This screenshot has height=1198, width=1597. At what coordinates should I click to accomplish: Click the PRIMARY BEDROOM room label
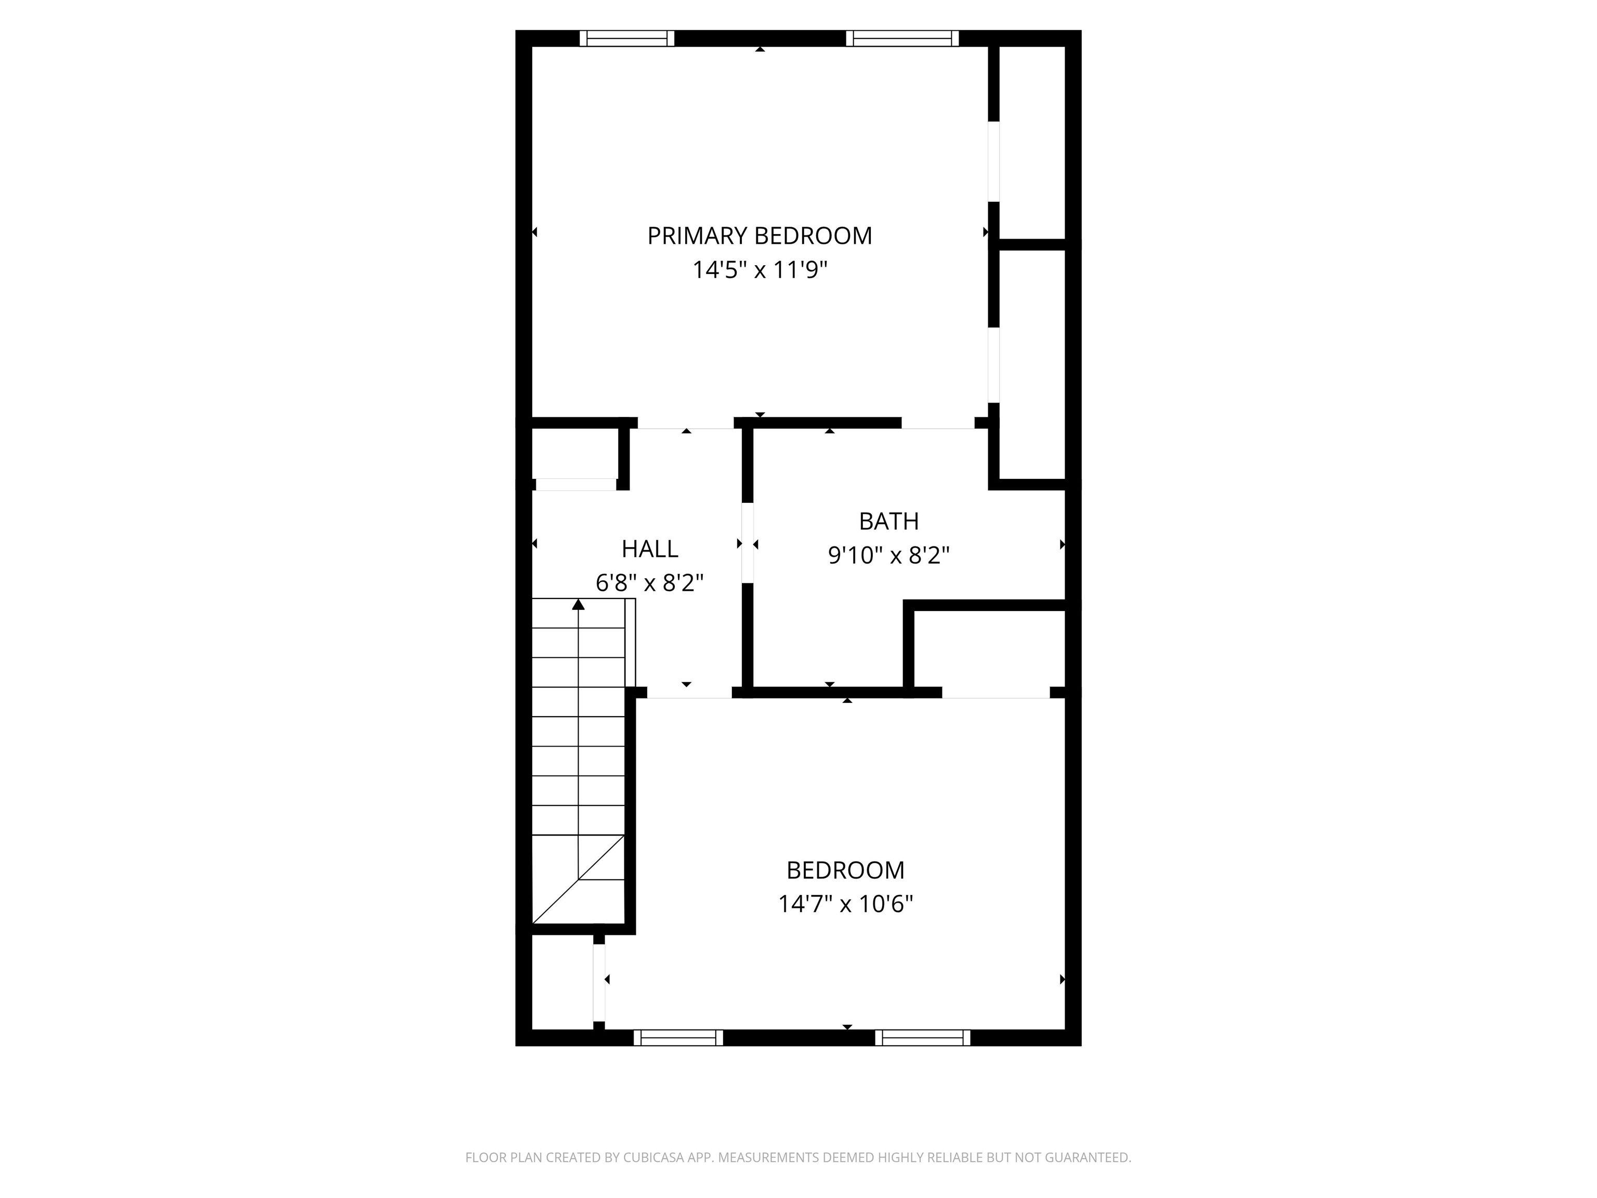760,236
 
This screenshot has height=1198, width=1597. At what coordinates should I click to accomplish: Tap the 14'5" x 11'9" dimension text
760,270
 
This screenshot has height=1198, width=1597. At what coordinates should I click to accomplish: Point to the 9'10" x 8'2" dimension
889,555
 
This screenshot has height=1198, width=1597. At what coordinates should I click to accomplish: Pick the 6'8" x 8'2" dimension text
650,583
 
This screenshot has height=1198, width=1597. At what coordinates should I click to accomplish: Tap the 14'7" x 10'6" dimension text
845,904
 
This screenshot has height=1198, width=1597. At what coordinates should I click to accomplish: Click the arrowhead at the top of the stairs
578,604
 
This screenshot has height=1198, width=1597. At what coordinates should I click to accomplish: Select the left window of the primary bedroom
626,38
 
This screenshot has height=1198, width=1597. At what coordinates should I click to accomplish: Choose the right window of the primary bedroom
902,38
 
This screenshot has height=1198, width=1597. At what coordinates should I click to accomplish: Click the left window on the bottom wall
678,1038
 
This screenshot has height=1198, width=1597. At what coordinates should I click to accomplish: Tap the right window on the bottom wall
923,1038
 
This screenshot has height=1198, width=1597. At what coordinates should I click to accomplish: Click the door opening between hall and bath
748,543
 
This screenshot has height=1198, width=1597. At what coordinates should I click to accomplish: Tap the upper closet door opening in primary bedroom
994,162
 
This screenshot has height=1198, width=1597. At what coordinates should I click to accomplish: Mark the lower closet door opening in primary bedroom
994,364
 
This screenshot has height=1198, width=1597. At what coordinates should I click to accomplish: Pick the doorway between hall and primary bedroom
686,424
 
